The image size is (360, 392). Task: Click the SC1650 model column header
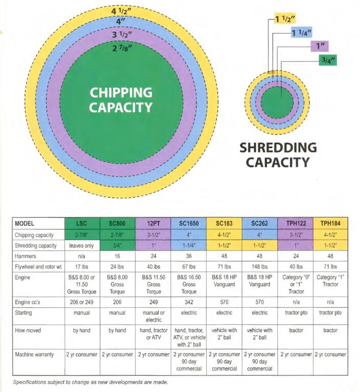tap(188, 223)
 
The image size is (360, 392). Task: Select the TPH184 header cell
tap(330, 223)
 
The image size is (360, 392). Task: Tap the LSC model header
tap(82, 223)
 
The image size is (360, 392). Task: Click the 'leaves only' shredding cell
tap(82, 246)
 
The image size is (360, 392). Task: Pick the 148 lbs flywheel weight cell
tap(259, 267)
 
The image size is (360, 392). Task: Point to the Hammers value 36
tap(188, 256)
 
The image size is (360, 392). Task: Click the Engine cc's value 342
tap(188, 302)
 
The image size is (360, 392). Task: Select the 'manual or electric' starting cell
tap(153, 316)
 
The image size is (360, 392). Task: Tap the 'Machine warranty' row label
tap(34, 355)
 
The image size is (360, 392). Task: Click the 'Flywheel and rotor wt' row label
tap(38, 267)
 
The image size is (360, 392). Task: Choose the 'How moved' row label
tap(28, 330)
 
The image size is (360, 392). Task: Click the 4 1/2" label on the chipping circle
tap(121, 11)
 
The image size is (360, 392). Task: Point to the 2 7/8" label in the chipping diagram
tap(122, 47)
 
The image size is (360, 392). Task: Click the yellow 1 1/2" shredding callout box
tap(285, 19)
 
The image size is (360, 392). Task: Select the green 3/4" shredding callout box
tap(328, 60)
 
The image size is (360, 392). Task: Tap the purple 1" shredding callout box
tap(320, 46)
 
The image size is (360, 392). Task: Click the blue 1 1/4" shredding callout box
tap(301, 33)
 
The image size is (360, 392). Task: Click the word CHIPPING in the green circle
tap(121, 92)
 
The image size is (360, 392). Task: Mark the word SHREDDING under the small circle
tap(278, 148)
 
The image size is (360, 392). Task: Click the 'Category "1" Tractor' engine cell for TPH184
tap(330, 281)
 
